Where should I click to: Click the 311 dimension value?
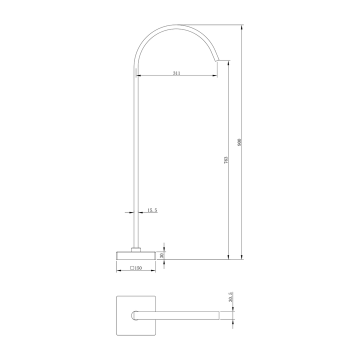[x=176, y=73]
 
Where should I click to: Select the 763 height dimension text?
[x=226, y=161]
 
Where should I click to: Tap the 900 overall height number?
[x=239, y=142]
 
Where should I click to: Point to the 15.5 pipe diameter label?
[x=152, y=210]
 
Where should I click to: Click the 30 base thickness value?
[x=161, y=255]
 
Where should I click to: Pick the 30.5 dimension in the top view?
[x=230, y=298]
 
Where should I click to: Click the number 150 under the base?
[x=138, y=268]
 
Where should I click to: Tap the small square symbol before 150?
[x=132, y=268]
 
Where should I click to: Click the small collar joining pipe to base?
[x=136, y=248]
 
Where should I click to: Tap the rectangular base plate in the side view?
[x=136, y=255]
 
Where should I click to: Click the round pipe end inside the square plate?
[x=134, y=315]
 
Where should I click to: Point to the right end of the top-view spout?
[x=218, y=315]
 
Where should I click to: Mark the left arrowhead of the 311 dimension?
[x=139, y=76]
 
